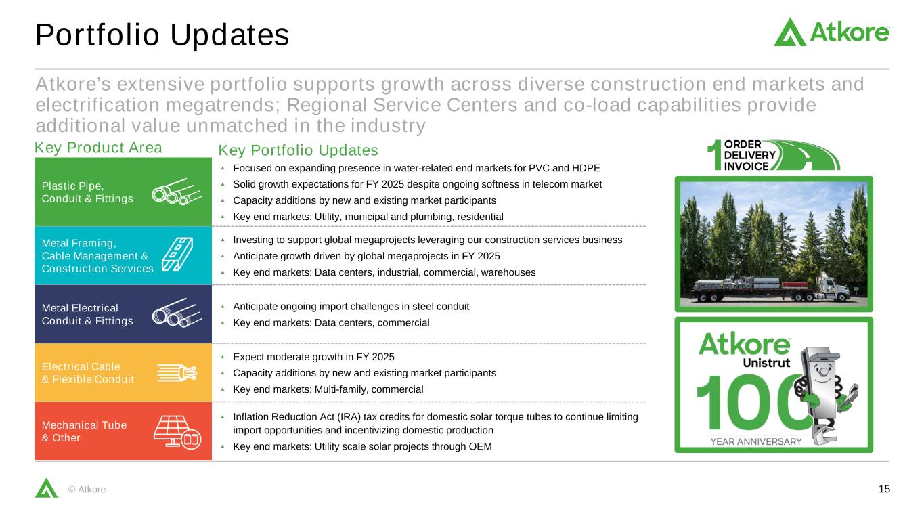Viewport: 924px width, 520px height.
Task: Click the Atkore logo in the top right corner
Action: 831,32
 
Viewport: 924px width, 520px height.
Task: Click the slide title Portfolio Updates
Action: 162,35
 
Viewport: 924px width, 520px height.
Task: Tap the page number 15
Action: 884,489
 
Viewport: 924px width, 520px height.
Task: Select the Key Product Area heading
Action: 98,148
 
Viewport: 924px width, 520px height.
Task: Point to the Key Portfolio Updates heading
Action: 298,150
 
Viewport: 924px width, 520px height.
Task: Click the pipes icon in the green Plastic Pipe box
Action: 177,192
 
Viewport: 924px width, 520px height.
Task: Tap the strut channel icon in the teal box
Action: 177,254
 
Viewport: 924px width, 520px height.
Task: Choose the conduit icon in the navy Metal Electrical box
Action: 177,313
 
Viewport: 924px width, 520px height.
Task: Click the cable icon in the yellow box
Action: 177,373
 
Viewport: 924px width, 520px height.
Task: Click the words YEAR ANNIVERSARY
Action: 755,441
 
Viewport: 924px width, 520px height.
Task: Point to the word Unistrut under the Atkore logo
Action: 766,363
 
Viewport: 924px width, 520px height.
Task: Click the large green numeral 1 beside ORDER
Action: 714,155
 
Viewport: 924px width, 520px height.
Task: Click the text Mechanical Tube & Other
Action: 84,431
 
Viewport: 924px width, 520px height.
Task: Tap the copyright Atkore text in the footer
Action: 87,490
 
